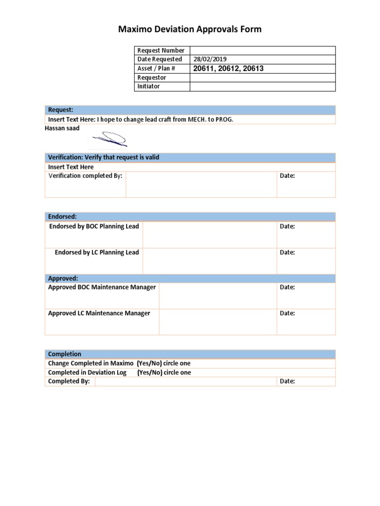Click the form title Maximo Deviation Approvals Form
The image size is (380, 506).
pyautogui.click(x=190, y=30)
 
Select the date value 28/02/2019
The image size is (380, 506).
pyautogui.click(x=210, y=59)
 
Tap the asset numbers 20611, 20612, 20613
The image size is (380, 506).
pyautogui.click(x=228, y=68)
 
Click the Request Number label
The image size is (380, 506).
pyautogui.click(x=160, y=50)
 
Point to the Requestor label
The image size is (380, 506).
pyautogui.click(x=151, y=78)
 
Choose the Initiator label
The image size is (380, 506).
pyautogui.click(x=148, y=86)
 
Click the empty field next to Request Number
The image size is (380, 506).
pyautogui.click(x=262, y=50)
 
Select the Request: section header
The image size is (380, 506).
pyautogui.click(x=60, y=110)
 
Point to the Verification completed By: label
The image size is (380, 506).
pyautogui.click(x=85, y=176)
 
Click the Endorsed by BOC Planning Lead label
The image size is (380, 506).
pyautogui.click(x=94, y=226)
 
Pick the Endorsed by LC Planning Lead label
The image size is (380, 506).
pyautogui.click(x=96, y=253)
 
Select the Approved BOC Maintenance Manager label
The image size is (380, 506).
pyautogui.click(x=102, y=287)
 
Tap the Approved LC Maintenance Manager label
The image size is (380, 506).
pyautogui.click(x=99, y=313)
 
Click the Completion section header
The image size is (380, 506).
pyautogui.click(x=64, y=354)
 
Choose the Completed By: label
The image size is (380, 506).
pyautogui.click(x=69, y=381)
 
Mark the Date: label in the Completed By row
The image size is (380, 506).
pyautogui.click(x=287, y=381)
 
